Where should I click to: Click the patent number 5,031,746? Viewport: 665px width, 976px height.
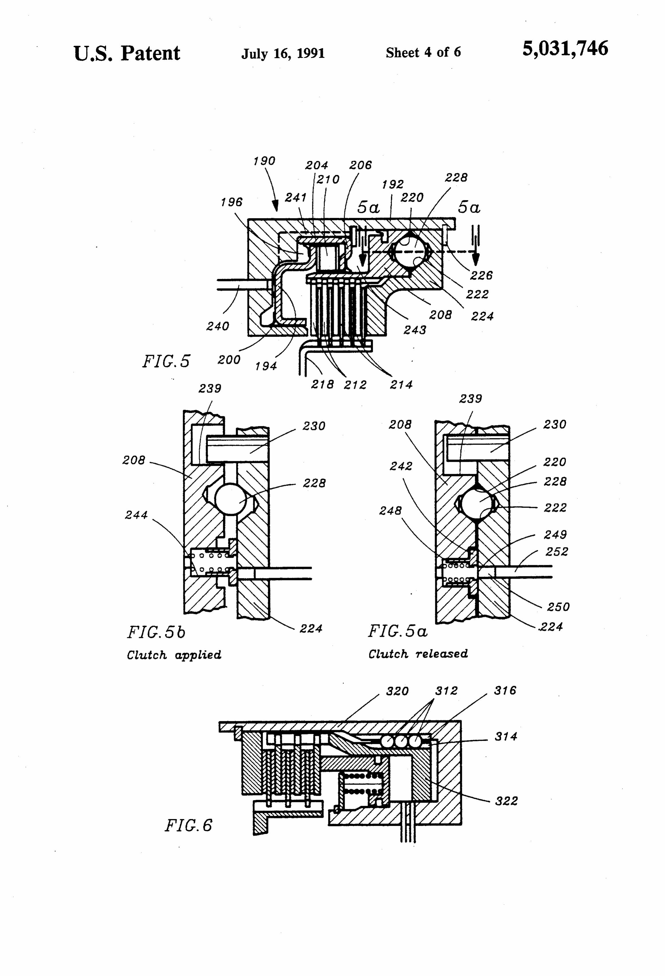click(x=565, y=49)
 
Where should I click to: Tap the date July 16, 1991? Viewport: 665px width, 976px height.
click(x=283, y=53)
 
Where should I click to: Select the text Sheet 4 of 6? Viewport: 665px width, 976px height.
click(x=423, y=52)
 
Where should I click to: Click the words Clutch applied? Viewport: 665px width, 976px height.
click(x=174, y=655)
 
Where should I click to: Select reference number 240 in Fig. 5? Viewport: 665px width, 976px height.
click(x=218, y=326)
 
